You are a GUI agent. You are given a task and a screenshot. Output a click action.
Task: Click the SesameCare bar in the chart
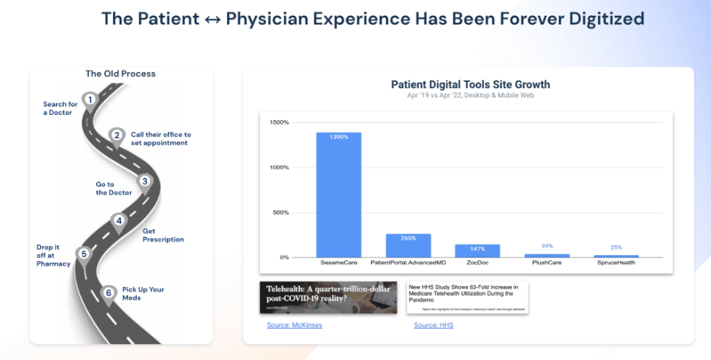pos(339,195)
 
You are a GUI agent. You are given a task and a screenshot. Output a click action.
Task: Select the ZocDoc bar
pos(477,251)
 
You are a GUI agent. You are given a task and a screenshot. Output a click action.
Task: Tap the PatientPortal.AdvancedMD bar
pos(408,245)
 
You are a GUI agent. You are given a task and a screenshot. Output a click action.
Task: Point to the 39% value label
pos(546,246)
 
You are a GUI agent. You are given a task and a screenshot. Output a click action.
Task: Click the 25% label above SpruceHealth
pos(615,248)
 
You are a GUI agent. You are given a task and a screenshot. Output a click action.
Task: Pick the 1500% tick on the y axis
pos(279,122)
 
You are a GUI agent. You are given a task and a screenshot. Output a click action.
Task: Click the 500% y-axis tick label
pos(280,212)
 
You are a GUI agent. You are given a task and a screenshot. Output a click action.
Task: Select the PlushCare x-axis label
pos(546,263)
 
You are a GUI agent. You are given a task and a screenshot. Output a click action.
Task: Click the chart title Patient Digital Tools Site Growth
pos(470,84)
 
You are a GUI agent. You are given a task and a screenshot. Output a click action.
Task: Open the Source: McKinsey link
pos(295,325)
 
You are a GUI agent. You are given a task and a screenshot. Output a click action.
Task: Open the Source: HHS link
pos(433,325)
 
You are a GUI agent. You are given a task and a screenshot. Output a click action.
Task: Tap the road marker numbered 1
pos(90,99)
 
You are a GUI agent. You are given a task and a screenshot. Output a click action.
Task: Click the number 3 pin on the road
pos(145,182)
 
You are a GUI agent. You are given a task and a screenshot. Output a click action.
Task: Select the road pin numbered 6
pos(109,292)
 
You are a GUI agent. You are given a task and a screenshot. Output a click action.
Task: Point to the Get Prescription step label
pos(163,235)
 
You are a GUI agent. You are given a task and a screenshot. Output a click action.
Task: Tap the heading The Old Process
pos(120,74)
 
